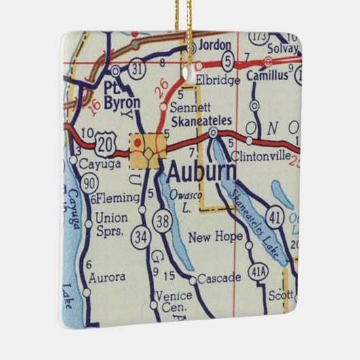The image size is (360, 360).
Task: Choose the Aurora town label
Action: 107,277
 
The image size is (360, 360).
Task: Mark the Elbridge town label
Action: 217,80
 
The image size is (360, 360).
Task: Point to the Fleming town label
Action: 111,198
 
